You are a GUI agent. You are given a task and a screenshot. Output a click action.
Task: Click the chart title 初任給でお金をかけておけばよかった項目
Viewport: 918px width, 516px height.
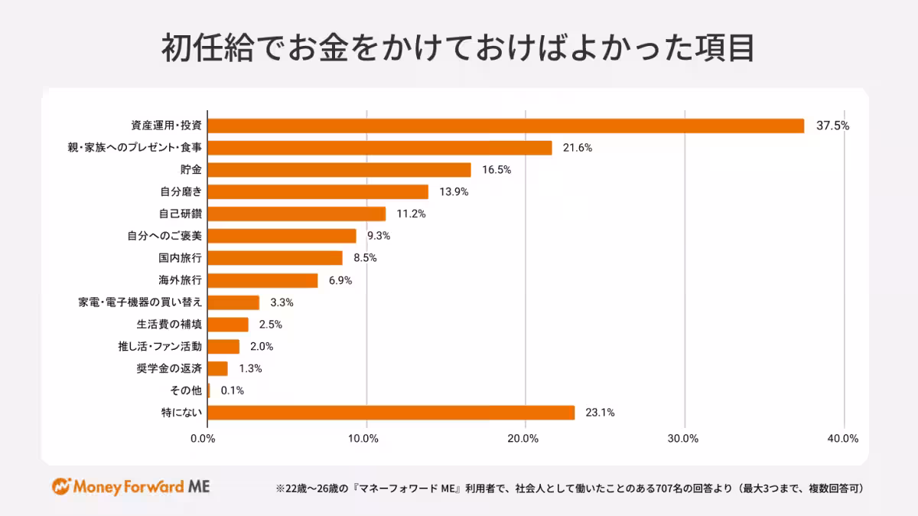pos(458,47)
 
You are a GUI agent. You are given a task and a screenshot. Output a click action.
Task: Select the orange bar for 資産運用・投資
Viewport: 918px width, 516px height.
pos(506,126)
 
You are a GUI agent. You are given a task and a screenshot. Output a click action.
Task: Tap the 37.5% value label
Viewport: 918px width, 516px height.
pos(832,126)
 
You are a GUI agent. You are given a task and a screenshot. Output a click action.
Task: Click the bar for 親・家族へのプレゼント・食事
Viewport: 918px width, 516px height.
pos(379,148)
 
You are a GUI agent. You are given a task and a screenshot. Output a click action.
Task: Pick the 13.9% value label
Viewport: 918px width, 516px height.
pos(452,192)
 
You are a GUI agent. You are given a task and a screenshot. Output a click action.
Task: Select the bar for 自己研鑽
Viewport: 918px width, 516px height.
pos(297,214)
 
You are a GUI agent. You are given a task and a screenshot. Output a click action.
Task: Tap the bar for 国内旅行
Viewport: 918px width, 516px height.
pos(275,258)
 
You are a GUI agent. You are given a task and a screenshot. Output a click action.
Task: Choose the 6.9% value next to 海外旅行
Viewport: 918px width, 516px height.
pos(340,280)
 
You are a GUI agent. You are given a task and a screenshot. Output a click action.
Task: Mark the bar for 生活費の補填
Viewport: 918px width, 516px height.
pos(228,325)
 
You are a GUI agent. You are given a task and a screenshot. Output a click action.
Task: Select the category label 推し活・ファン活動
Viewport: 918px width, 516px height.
pos(155,346)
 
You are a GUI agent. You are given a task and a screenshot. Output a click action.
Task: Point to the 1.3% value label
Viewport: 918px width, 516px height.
pos(250,368)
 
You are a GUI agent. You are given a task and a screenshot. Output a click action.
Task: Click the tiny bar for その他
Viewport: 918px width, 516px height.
pos(209,390)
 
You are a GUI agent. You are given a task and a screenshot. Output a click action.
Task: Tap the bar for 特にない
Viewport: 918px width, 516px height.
pos(391,413)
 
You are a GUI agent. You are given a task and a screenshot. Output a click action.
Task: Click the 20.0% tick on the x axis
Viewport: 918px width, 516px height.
pos(523,439)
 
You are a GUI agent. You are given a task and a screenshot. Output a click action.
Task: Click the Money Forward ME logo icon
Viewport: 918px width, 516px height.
pos(61,487)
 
